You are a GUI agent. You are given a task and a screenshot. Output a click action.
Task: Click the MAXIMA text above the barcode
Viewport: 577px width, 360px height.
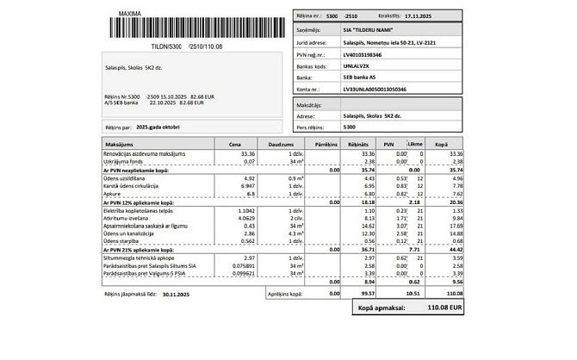tap(129, 15)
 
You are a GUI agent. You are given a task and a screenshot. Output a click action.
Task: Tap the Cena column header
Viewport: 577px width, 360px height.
tap(234, 145)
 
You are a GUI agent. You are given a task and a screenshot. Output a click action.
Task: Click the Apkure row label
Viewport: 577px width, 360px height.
tap(114, 194)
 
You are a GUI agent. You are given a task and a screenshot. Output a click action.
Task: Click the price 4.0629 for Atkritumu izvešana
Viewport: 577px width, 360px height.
tap(245, 219)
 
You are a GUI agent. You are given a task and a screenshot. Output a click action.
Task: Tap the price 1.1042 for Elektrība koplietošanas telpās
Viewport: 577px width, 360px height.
tap(245, 210)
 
